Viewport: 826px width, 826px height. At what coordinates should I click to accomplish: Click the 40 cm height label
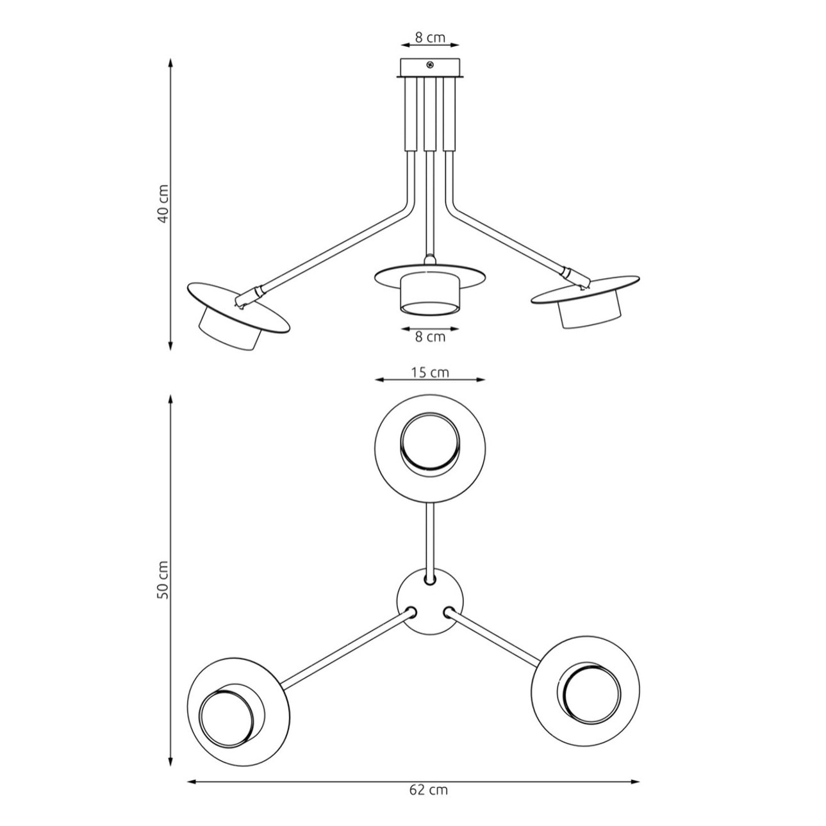(x=164, y=204)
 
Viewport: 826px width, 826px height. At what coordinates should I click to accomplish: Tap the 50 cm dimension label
(x=164, y=580)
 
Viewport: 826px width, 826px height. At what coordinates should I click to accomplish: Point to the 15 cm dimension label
(x=431, y=372)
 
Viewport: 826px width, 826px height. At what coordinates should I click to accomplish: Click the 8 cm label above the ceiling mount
(x=431, y=37)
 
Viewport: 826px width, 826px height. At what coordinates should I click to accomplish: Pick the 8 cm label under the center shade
(x=431, y=336)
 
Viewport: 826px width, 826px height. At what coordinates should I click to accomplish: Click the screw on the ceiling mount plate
(x=429, y=65)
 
